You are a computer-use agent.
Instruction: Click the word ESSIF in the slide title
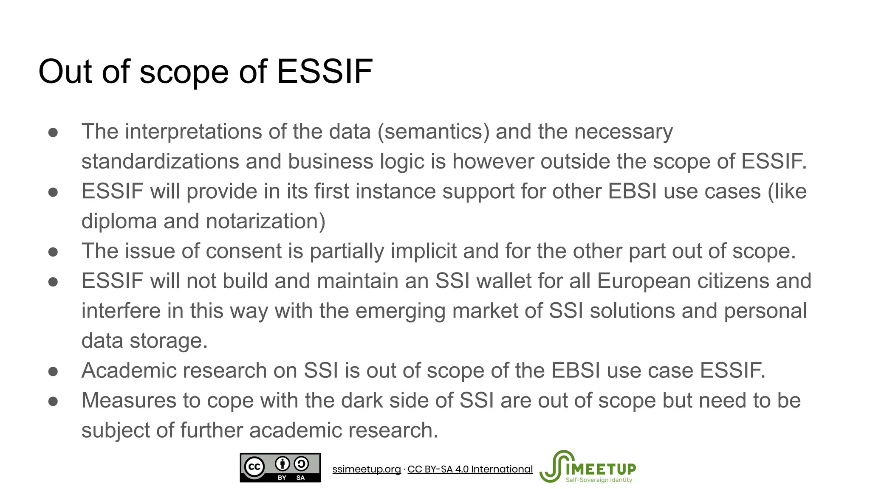tap(325, 72)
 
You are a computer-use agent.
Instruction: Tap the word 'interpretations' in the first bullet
tap(193, 132)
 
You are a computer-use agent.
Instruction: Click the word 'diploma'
tap(119, 222)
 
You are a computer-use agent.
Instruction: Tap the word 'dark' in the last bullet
tap(362, 401)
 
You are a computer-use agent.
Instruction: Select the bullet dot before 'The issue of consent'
tap(53, 252)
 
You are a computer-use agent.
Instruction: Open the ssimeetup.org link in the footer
tap(366, 469)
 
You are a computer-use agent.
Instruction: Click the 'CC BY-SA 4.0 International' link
tap(470, 469)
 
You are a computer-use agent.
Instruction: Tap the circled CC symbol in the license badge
tap(254, 467)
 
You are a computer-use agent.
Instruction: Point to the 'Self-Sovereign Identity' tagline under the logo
tap(599, 480)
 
